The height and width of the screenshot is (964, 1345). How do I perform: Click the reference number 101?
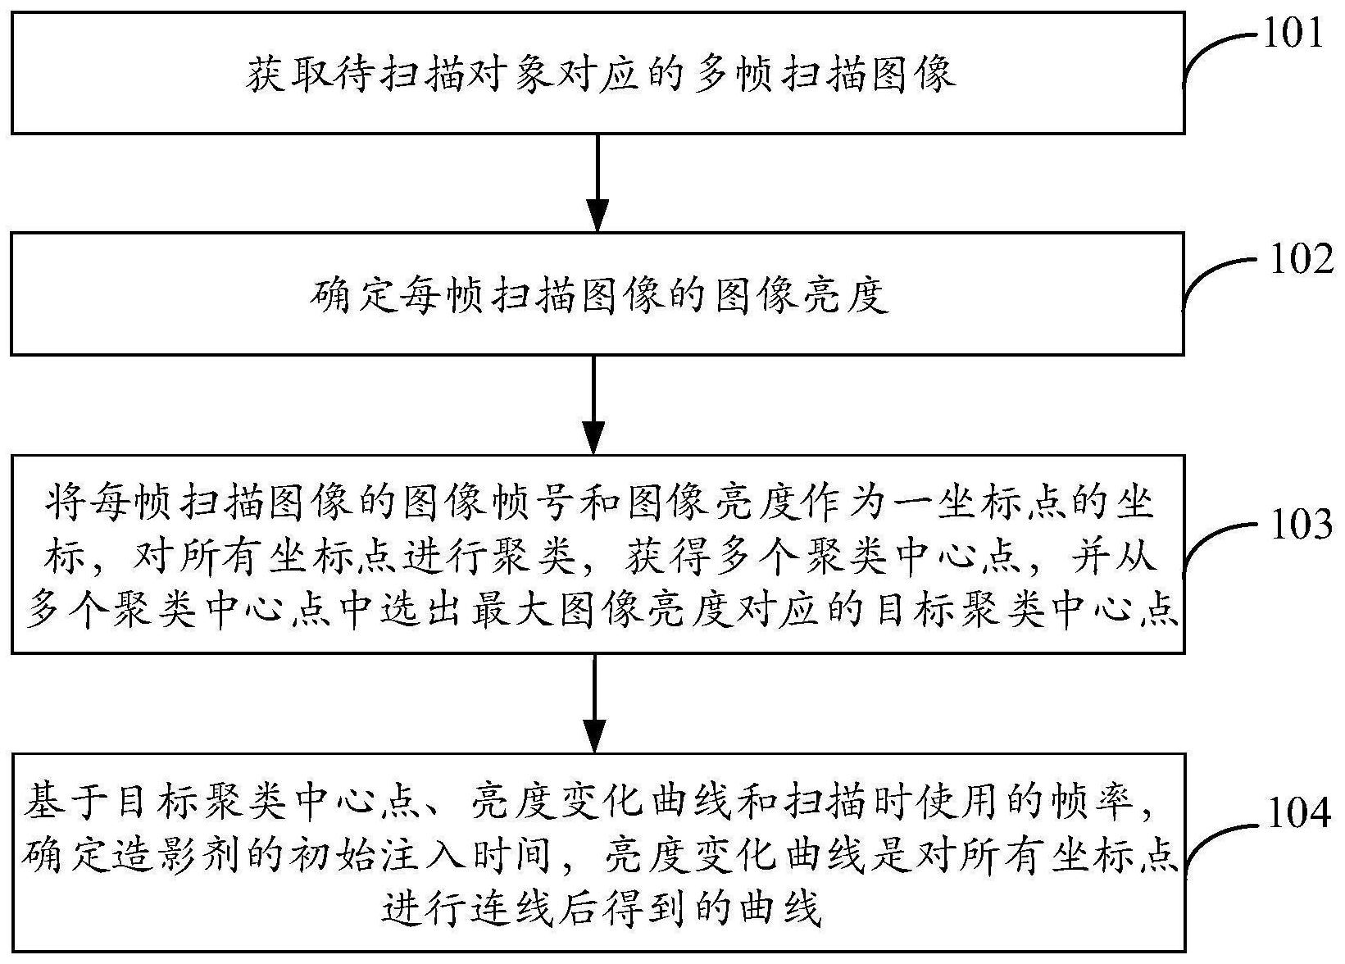click(1293, 34)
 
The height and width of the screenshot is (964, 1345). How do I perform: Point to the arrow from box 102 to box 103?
click(594, 404)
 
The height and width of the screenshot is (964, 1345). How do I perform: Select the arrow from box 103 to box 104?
click(594, 703)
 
